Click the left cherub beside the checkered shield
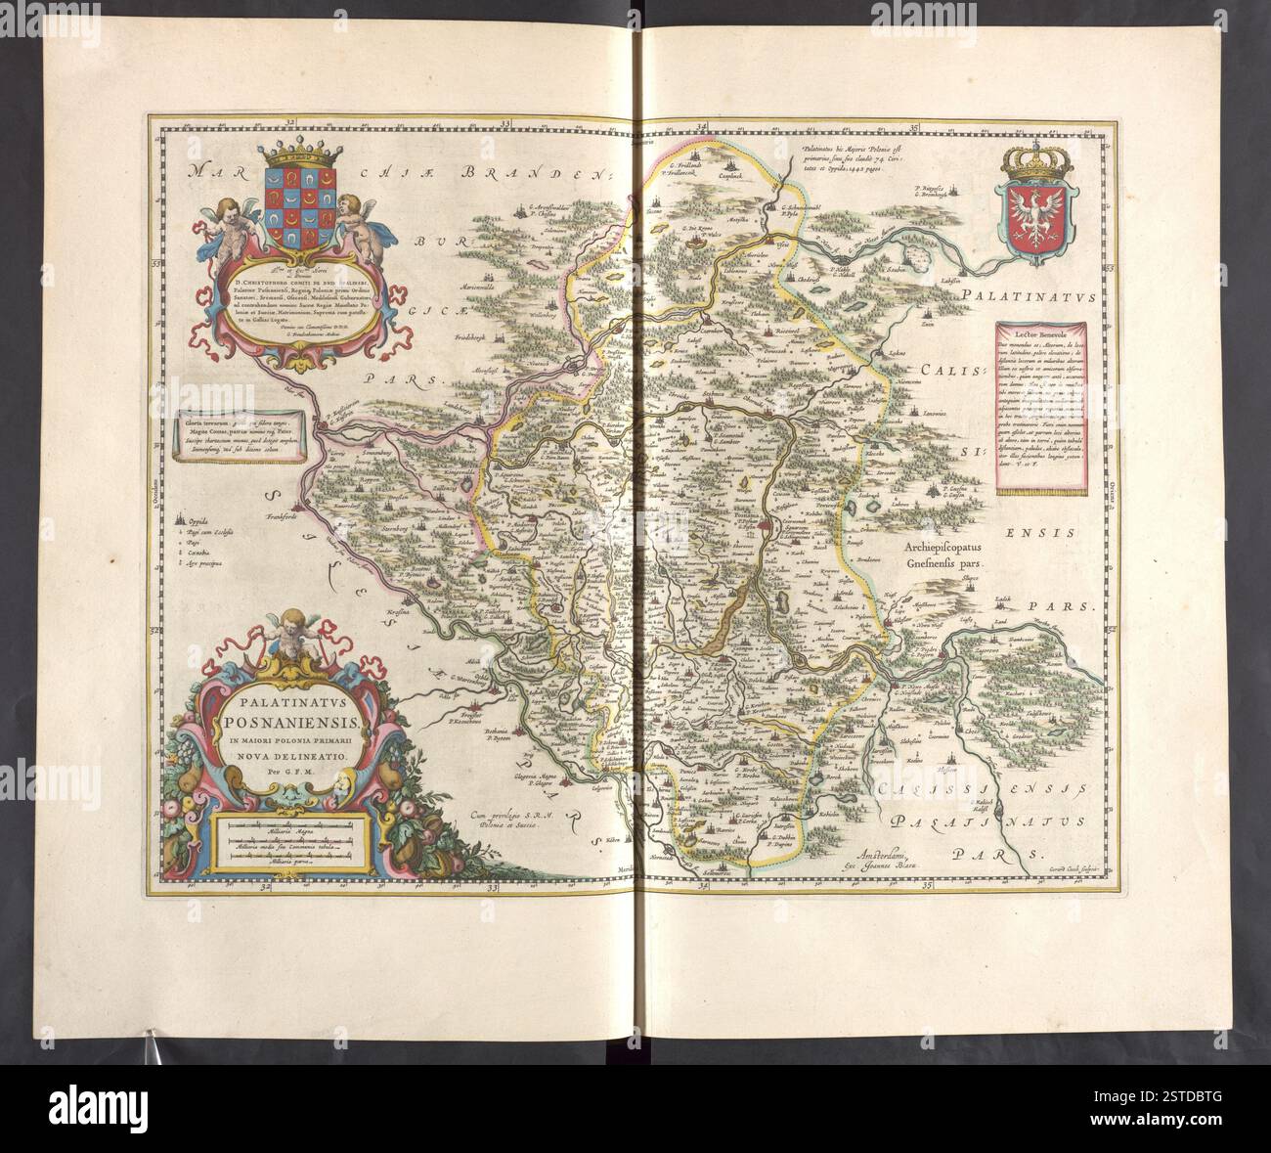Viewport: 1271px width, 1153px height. click(233, 221)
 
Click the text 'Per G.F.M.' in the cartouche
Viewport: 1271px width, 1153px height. click(281, 771)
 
